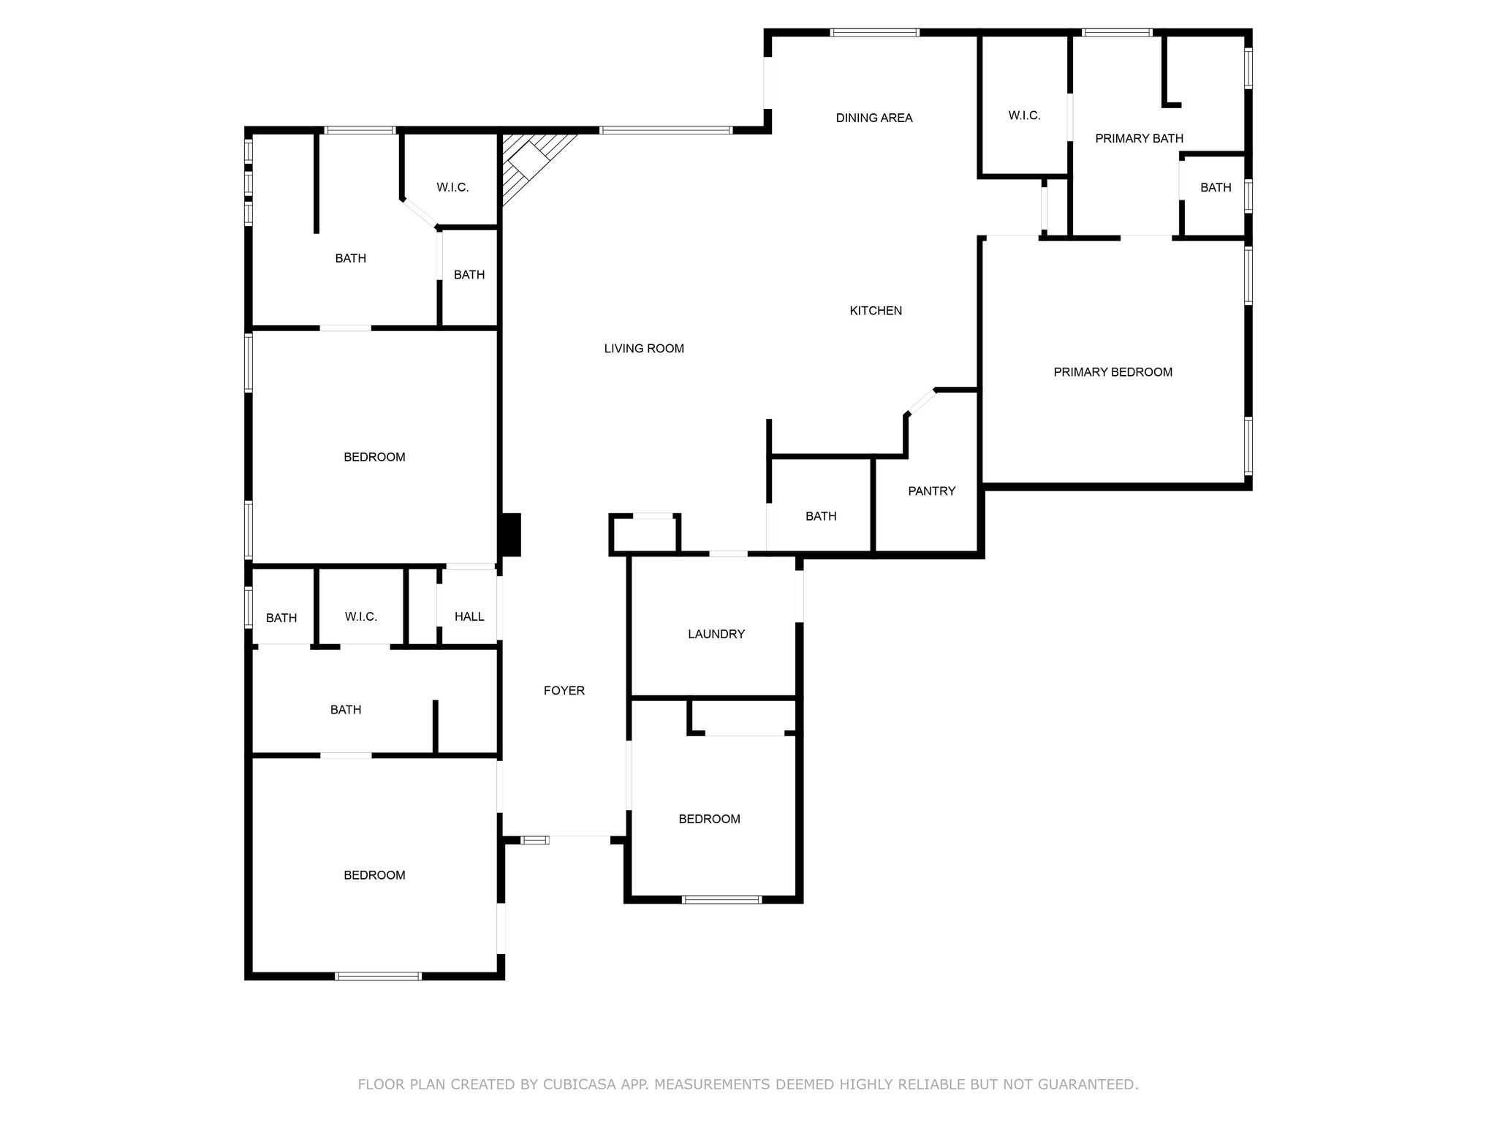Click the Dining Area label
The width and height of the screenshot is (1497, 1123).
coord(874,118)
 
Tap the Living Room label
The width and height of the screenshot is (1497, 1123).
coord(644,349)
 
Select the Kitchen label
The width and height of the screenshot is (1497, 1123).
coord(876,311)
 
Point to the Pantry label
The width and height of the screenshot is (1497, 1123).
coord(932,491)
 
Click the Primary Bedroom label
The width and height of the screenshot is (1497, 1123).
coord(1113,372)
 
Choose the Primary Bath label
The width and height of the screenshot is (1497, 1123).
coord(1139,138)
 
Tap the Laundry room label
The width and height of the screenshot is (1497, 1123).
coord(716,634)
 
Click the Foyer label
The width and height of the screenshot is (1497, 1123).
coord(564,691)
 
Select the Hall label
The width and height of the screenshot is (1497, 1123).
coord(469,616)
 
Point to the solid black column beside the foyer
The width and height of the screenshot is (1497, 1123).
coord(509,534)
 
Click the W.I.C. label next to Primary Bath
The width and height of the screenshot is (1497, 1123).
coord(1024,116)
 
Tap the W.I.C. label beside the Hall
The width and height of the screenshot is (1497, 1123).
coord(361,617)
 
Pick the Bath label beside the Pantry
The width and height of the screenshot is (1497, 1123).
coord(821,516)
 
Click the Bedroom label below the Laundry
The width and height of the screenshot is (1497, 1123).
coord(709,820)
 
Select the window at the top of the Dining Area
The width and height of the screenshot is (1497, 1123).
coord(875,32)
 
